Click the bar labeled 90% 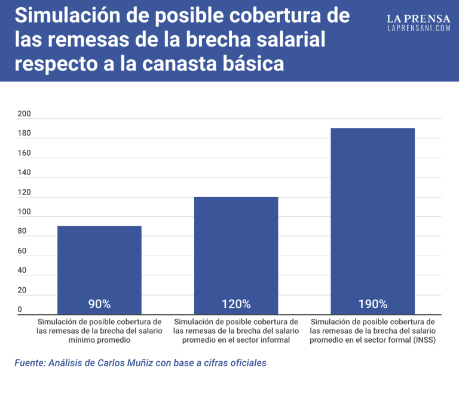coord(99,263)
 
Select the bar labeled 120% coord(236,251)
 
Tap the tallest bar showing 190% coord(372,215)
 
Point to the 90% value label coord(99,304)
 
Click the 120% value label coord(236,304)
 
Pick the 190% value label coord(372,304)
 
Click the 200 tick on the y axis coord(24,113)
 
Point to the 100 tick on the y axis coord(24,212)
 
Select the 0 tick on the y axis coord(20,309)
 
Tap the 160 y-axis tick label coord(24,153)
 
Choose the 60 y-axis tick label coord(22,251)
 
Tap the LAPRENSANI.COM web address coord(418,28)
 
